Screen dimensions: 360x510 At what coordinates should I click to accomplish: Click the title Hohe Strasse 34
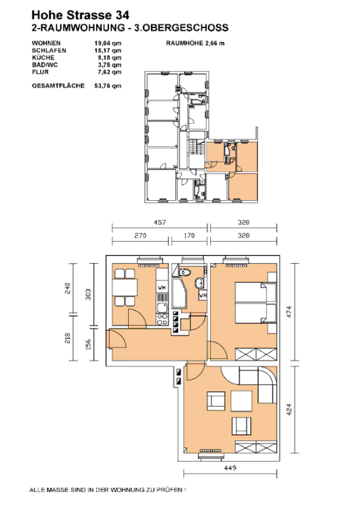tap(80, 15)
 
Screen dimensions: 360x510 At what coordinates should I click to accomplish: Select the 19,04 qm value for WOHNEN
tap(108, 43)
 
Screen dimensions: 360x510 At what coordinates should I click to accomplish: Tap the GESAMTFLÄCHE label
tap(58, 85)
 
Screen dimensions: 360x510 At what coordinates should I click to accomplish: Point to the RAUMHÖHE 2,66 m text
tap(195, 43)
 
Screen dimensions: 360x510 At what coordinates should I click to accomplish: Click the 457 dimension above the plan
tap(160, 222)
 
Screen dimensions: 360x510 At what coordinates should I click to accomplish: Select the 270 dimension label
tap(140, 235)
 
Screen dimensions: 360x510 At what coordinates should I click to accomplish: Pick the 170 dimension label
tap(189, 235)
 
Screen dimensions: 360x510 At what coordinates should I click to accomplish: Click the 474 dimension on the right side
tap(289, 312)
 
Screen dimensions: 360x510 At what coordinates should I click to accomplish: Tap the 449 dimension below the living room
tap(230, 468)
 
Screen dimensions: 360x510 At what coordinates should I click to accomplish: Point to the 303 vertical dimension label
tap(88, 295)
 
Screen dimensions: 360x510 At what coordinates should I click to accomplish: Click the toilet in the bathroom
tap(185, 271)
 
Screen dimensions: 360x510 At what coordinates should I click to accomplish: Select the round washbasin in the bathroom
tap(199, 283)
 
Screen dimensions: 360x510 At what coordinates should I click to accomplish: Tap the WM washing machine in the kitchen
tap(162, 288)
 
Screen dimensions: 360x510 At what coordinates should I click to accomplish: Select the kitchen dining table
tap(125, 288)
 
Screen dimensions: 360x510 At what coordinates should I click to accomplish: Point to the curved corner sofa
tap(257, 384)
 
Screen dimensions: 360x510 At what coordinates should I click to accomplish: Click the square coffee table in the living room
tap(241, 402)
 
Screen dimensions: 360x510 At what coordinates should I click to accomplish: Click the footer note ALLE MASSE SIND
tap(108, 490)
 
